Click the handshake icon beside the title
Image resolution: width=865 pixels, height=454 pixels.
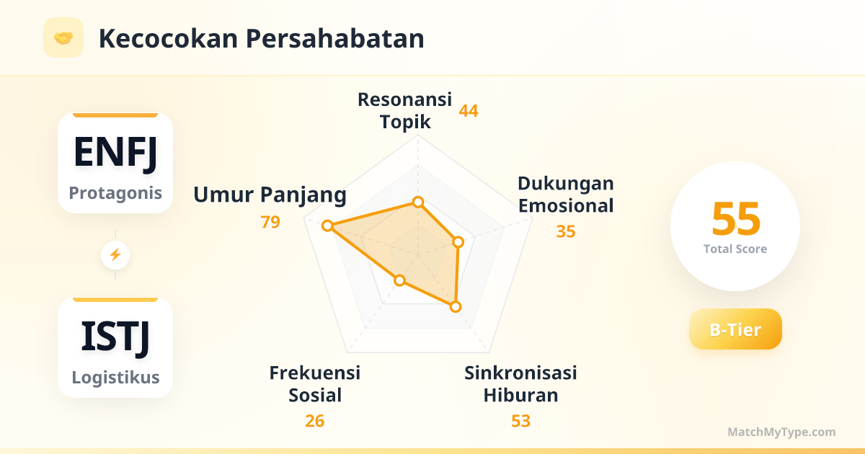63,37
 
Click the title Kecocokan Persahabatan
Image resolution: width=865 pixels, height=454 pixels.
262,39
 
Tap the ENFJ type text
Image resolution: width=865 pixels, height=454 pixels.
115,153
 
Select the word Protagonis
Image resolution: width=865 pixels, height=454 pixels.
115,193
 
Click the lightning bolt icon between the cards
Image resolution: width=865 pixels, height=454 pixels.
115,255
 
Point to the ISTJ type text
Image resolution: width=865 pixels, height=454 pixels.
115,337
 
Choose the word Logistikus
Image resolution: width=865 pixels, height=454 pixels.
115,377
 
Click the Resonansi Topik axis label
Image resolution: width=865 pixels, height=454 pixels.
404,110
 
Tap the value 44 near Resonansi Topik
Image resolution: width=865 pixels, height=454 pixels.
469,111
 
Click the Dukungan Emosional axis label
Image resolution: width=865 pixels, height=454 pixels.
566,194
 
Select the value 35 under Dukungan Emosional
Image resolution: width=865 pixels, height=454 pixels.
566,231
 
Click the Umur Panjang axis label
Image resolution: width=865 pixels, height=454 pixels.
270,195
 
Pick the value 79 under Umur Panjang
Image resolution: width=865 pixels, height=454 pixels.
270,222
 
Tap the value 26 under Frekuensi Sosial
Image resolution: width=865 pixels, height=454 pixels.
315,421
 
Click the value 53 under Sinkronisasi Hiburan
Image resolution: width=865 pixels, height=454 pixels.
520,421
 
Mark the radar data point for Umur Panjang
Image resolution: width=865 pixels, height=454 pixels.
327,226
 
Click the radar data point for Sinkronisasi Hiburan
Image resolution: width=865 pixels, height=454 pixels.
456,307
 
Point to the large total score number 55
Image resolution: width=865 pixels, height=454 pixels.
736,219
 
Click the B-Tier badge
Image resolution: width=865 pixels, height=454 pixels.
735,329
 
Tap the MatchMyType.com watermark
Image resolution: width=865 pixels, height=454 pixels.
781,432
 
